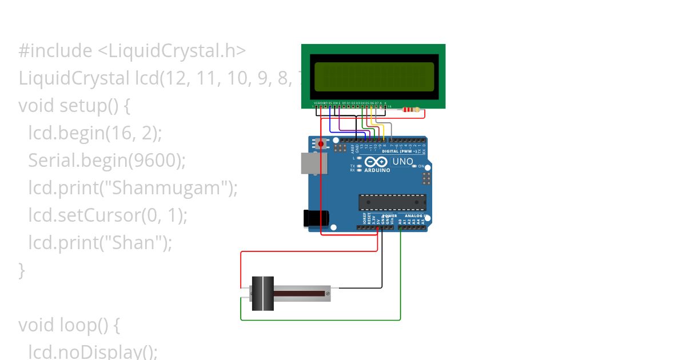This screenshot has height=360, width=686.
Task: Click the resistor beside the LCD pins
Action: point(410,110)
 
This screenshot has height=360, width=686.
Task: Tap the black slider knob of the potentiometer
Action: point(263,294)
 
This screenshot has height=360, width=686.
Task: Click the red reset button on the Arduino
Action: point(321,143)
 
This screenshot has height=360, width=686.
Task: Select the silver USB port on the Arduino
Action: point(314,163)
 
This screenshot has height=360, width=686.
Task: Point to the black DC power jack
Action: point(315,218)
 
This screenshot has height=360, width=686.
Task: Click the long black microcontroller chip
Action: point(392,202)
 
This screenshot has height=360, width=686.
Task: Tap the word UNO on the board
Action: point(402,162)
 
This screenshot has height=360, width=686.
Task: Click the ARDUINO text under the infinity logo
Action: point(377,170)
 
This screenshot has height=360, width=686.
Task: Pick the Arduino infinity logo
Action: point(376,162)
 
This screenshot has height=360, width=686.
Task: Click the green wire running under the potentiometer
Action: point(320,320)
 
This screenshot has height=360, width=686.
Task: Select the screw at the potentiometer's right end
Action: point(328,293)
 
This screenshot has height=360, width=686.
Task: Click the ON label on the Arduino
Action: point(421,166)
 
